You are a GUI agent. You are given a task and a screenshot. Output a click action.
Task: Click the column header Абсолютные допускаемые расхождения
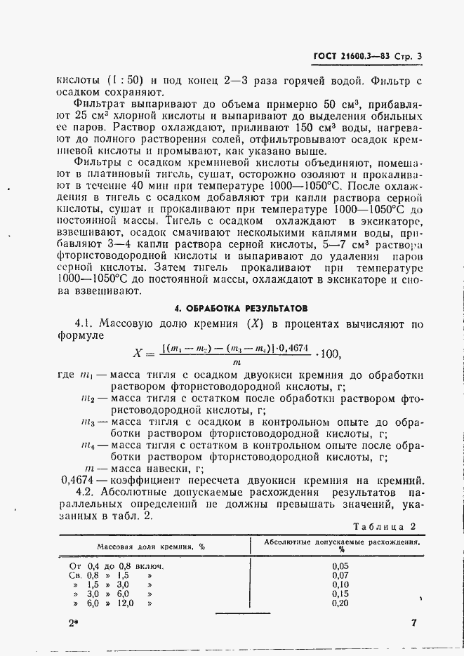coord(343,542)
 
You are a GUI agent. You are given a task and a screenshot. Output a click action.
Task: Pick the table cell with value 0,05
coord(340,565)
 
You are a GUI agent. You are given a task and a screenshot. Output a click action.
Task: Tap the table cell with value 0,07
coord(340,575)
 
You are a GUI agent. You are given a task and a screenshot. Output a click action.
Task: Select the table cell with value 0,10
coord(340,584)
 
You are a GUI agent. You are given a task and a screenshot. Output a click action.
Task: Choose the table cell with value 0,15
coord(340,594)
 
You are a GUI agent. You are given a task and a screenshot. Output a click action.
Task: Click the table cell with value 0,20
coord(340,603)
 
